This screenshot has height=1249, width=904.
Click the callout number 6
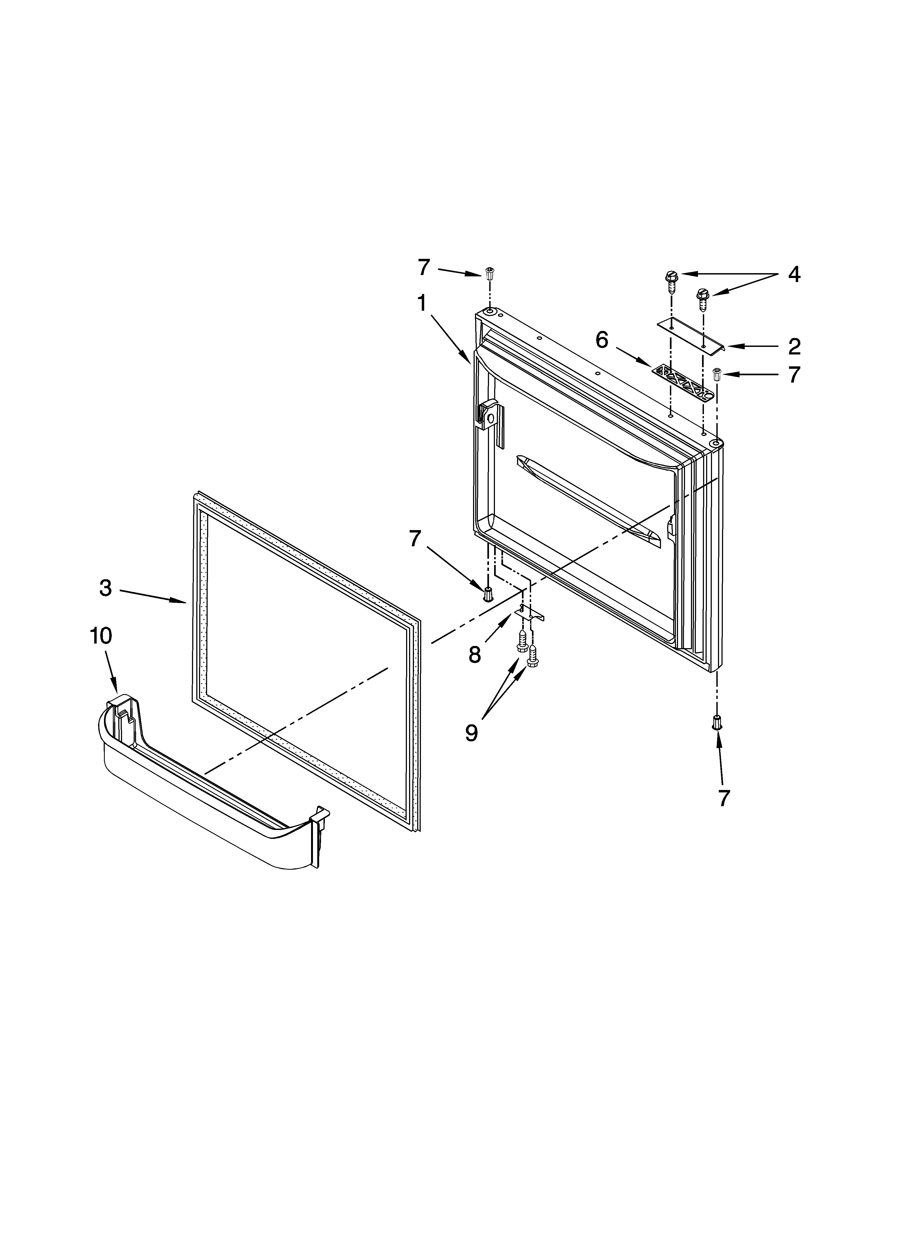(x=602, y=340)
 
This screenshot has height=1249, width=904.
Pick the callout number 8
(x=475, y=655)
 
